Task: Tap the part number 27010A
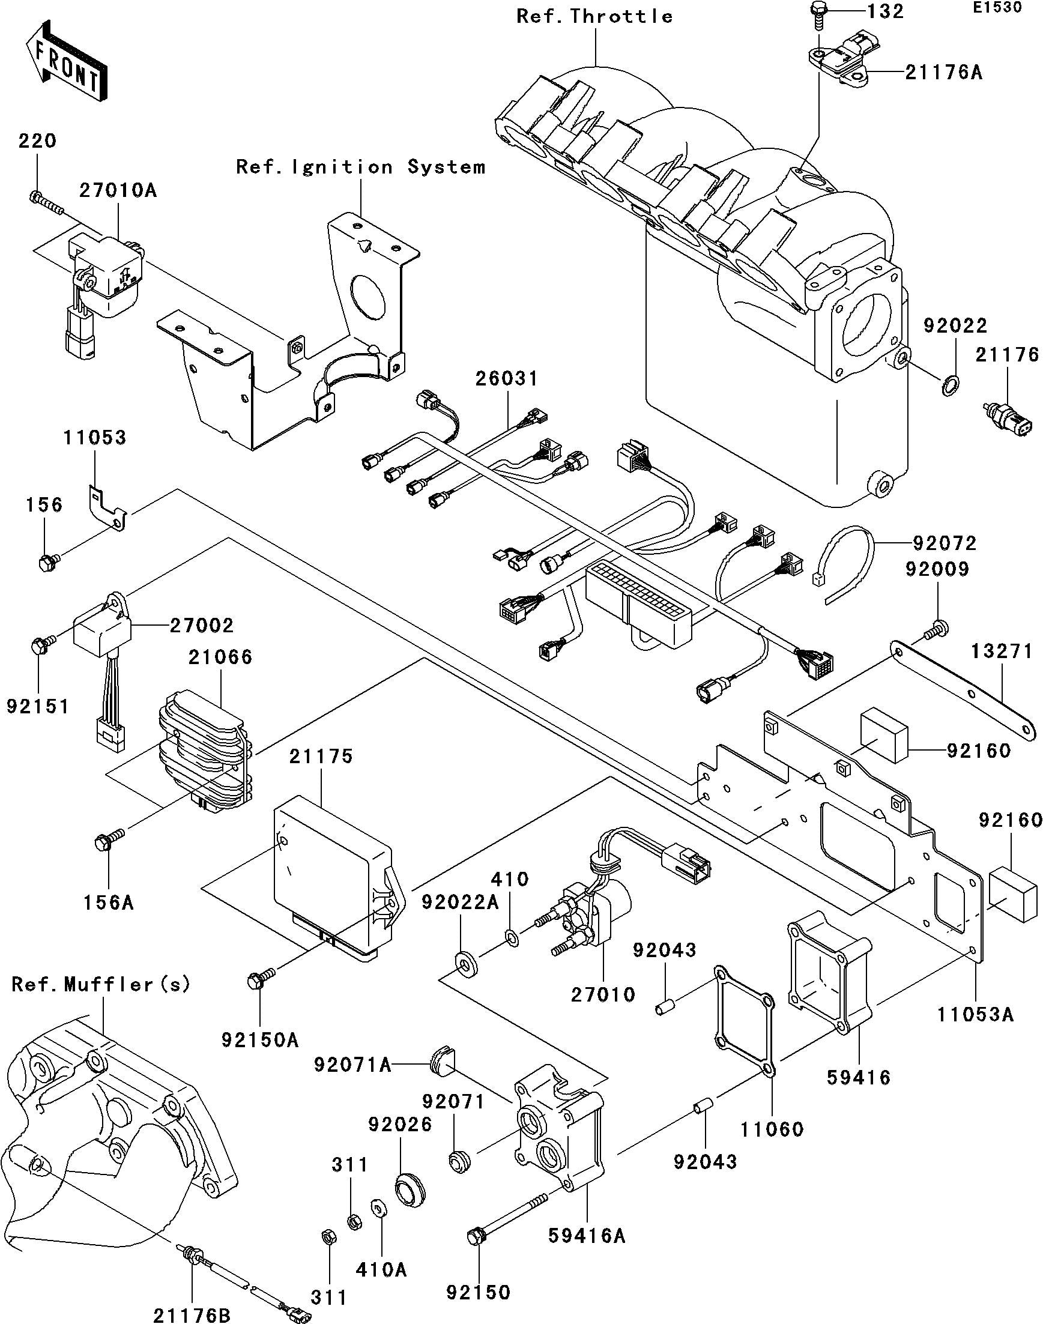point(117,190)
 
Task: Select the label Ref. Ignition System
point(360,168)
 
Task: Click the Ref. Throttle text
point(594,16)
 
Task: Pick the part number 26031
point(507,379)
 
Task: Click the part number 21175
point(321,757)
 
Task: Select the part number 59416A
point(587,1237)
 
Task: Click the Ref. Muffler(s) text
point(101,985)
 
